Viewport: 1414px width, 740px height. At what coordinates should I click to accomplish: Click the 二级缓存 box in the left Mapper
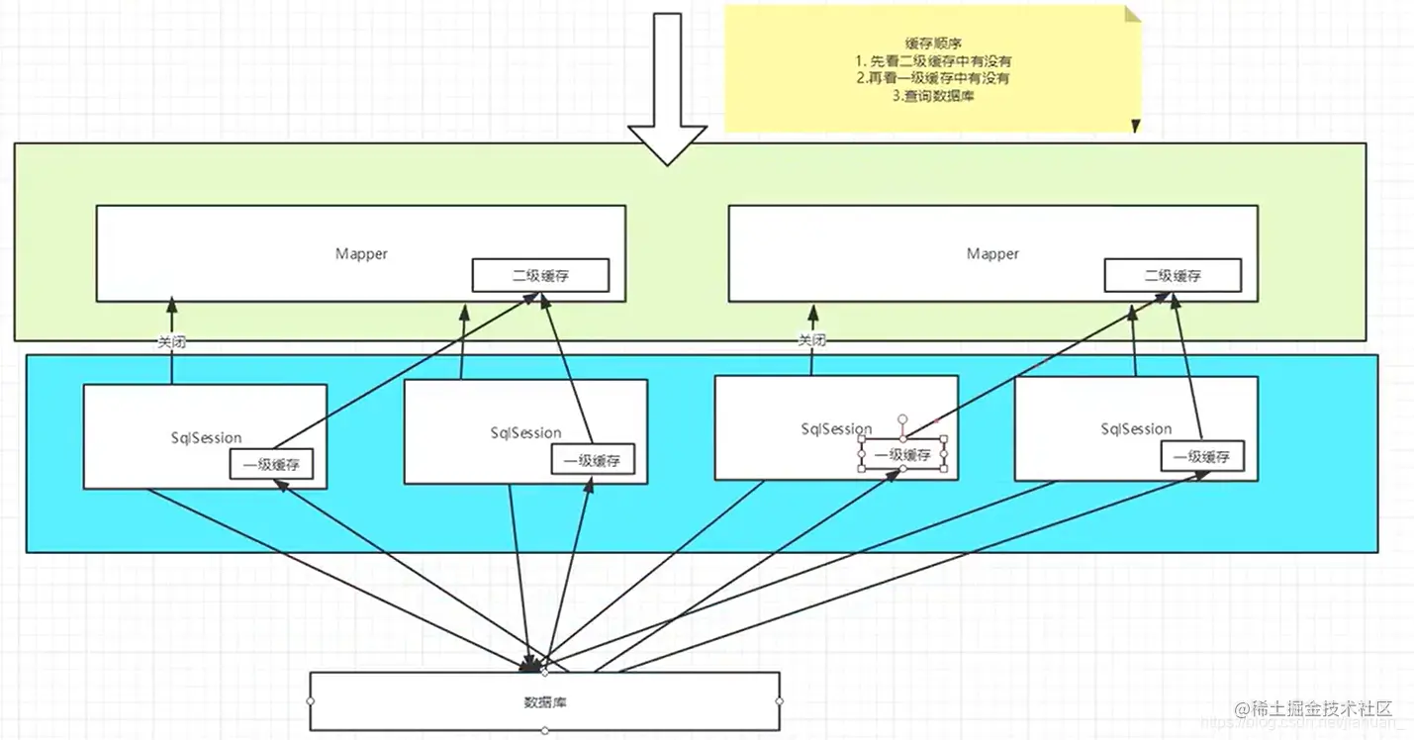coord(539,276)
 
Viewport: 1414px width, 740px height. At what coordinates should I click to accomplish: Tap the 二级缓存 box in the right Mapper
coord(1173,276)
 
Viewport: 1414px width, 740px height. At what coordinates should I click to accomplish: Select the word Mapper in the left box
coord(361,253)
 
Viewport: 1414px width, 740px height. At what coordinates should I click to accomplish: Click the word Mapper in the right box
coord(992,253)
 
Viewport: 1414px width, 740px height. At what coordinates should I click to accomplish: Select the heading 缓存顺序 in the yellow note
coord(933,43)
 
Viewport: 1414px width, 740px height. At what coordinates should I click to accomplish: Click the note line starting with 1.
coord(933,60)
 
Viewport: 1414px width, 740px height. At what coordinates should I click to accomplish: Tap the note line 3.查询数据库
coord(933,96)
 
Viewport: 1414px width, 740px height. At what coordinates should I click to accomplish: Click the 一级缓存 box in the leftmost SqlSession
coord(271,464)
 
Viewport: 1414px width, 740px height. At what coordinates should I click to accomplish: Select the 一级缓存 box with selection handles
coord(903,455)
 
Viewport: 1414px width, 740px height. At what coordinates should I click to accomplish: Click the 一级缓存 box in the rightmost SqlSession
coord(1201,457)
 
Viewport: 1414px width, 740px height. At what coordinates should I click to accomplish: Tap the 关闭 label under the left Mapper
coord(171,342)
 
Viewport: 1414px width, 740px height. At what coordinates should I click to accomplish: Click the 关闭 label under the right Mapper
coord(811,340)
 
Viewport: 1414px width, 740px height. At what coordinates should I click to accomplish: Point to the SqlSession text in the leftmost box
coord(206,437)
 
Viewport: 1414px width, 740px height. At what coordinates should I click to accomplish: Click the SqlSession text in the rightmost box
coord(1136,428)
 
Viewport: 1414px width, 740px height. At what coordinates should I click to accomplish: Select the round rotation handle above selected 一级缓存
coord(902,419)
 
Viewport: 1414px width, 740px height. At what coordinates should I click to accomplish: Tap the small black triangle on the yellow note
coord(1135,127)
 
